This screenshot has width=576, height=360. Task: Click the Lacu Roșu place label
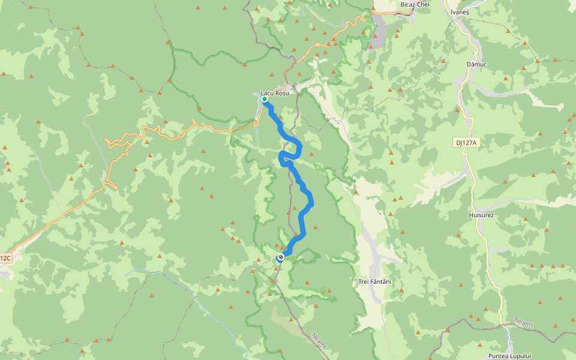click(x=275, y=93)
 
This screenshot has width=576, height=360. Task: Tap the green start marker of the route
click(x=265, y=99)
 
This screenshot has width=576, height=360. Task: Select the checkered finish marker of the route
click(x=280, y=257)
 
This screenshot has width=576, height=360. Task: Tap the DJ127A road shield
click(x=464, y=142)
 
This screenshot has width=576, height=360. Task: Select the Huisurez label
click(x=481, y=214)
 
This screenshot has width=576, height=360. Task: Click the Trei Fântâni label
click(x=374, y=281)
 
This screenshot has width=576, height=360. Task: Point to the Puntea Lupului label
click(x=510, y=356)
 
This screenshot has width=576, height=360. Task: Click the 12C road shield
click(x=5, y=258)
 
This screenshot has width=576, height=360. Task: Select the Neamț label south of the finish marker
click(x=319, y=341)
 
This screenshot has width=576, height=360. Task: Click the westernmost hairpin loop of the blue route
click(x=281, y=157)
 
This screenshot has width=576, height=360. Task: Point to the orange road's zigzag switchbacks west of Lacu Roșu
click(x=120, y=144)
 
